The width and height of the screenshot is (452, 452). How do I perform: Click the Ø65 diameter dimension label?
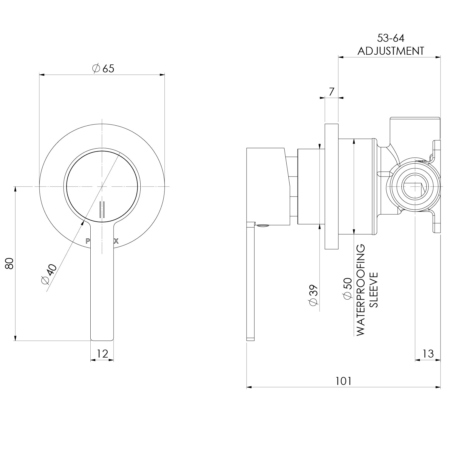pyautogui.click(x=103, y=68)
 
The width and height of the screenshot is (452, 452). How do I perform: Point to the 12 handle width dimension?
pyautogui.click(x=102, y=353)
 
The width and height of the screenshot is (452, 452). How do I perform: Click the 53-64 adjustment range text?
pyautogui.click(x=390, y=38)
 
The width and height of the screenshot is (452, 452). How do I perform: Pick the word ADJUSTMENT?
pyautogui.click(x=390, y=51)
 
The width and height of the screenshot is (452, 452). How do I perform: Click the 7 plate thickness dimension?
pyautogui.click(x=332, y=92)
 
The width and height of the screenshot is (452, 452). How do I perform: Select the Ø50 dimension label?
pyautogui.click(x=347, y=288)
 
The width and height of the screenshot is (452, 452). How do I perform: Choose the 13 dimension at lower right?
pyautogui.click(x=428, y=353)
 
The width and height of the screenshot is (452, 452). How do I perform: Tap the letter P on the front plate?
pyautogui.click(x=87, y=241)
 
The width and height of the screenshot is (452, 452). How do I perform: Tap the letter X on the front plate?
pyautogui.click(x=116, y=241)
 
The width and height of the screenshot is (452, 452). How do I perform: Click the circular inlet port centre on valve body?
pyautogui.click(x=413, y=187)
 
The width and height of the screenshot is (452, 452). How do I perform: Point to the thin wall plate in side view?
pyautogui.click(x=332, y=187)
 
